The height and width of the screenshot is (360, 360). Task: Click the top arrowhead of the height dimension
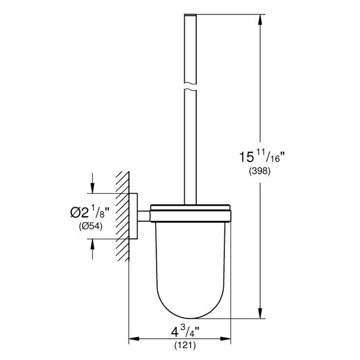260,18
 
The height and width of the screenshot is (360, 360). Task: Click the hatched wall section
124,216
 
